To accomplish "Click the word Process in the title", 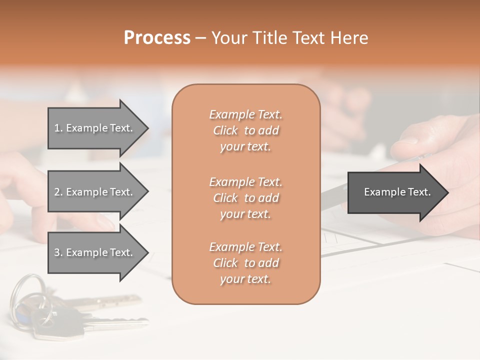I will [x=157, y=38].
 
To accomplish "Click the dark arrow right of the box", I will [x=395, y=192].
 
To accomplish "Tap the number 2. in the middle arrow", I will [x=58, y=192].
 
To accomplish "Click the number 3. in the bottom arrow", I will [x=58, y=252].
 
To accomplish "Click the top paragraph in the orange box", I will [x=245, y=130].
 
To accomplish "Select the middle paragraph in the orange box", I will [x=245, y=198].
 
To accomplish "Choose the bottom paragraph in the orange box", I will [x=245, y=263].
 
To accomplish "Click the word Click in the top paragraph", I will [x=225, y=130].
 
